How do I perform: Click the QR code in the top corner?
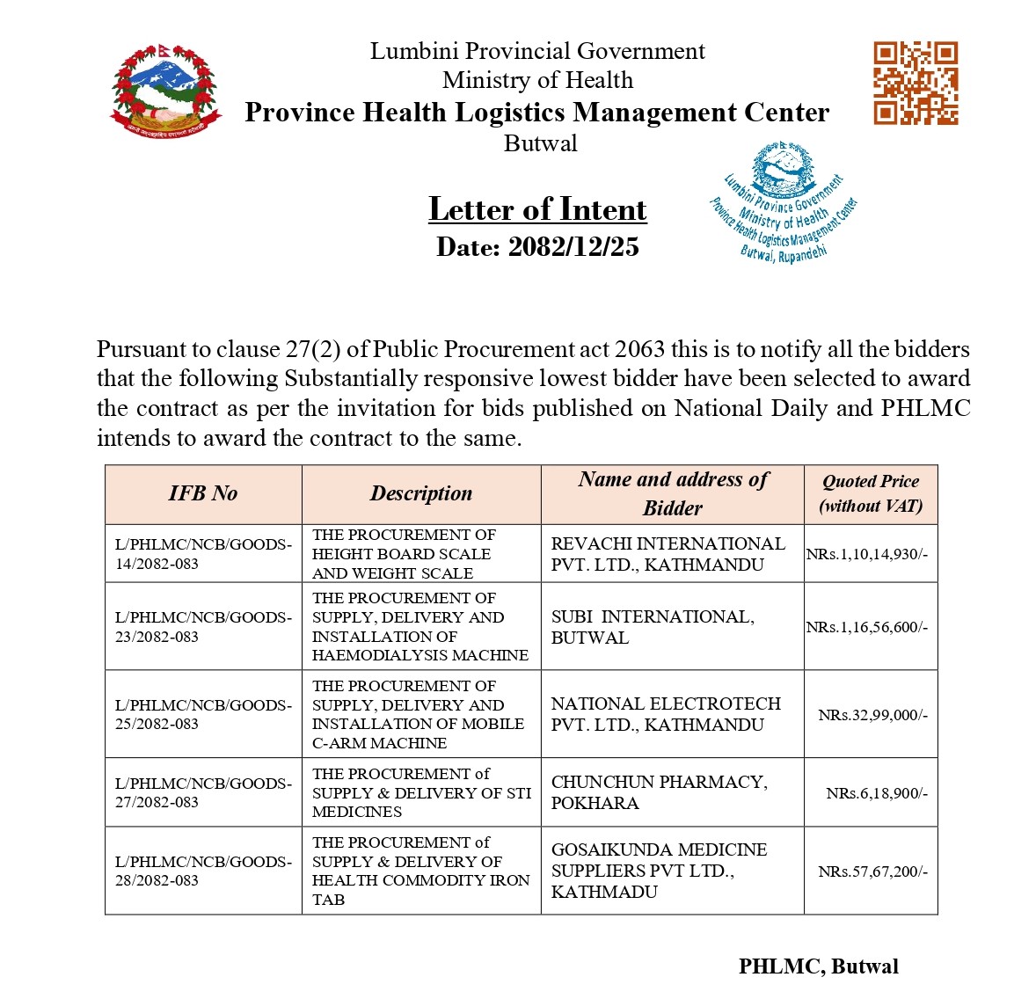[916, 83]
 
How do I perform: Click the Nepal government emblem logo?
[164, 89]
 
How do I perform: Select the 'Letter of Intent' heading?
[537, 209]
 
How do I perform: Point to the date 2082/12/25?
[537, 247]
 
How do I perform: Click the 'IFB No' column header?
[203, 493]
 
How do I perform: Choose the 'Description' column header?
[421, 493]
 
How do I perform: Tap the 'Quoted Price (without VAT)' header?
[871, 493]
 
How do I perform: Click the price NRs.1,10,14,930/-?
[867, 554]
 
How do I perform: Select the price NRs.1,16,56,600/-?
[867, 627]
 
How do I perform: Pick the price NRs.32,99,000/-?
[872, 715]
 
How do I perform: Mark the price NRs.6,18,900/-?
[877, 793]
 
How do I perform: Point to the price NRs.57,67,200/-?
[872, 871]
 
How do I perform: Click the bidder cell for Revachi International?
[668, 554]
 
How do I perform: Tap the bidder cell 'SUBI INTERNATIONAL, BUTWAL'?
[653, 627]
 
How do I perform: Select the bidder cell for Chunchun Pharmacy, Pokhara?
[660, 792]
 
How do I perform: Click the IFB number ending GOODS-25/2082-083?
[203, 714]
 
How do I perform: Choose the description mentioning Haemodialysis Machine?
[420, 626]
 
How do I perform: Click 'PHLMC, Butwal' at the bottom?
[819, 966]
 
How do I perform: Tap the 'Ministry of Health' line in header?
[537, 80]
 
